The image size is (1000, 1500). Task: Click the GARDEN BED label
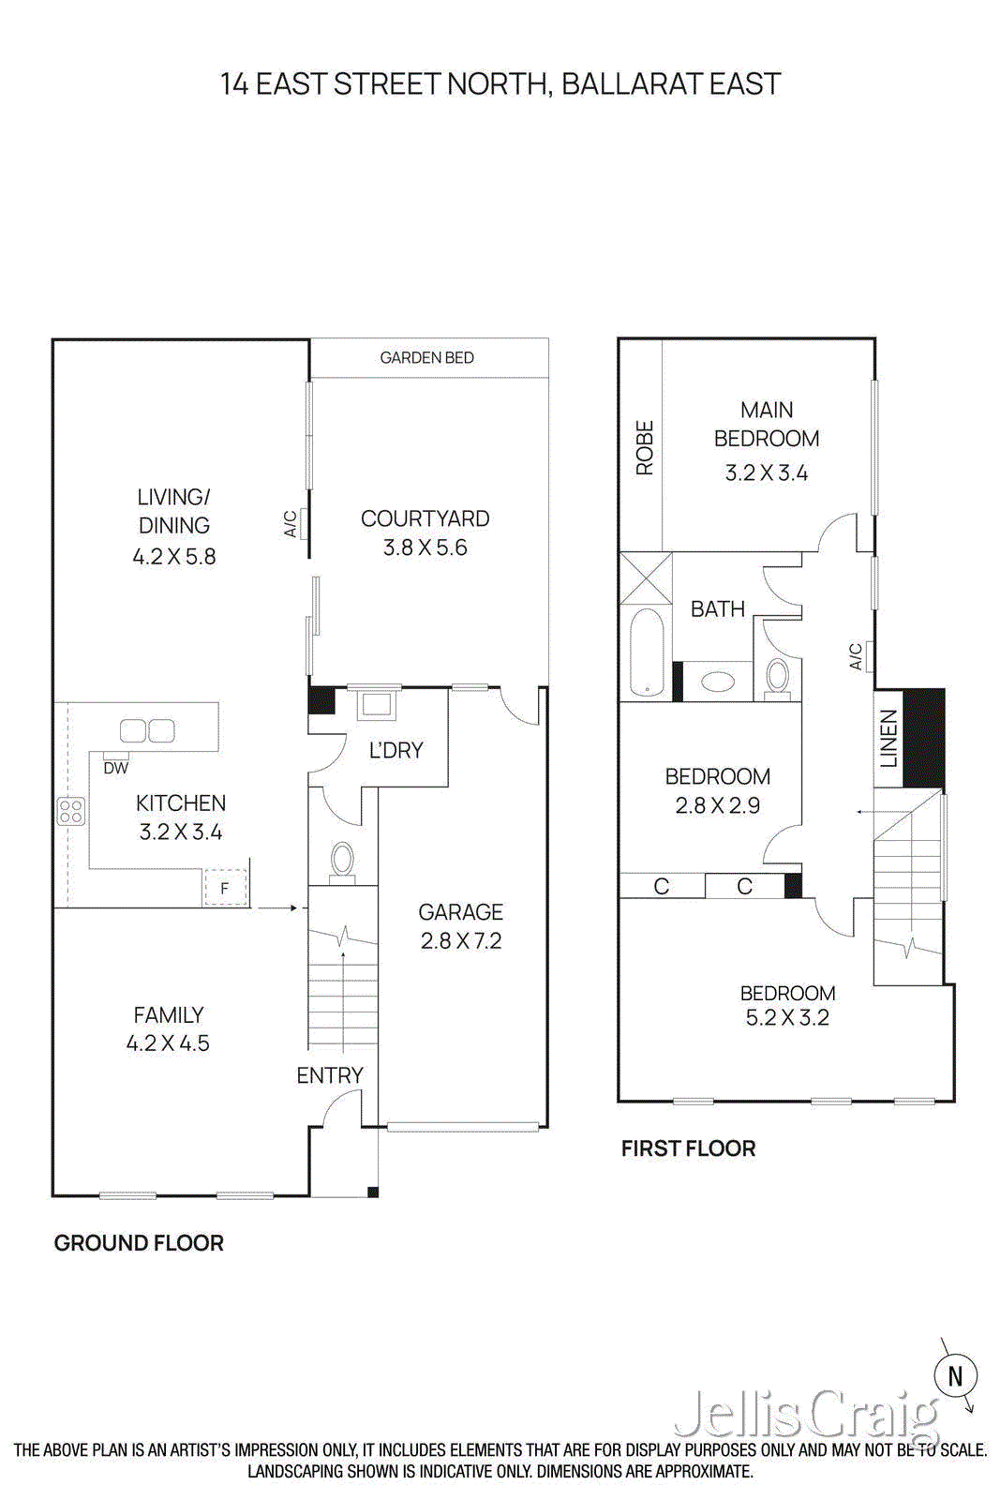(x=426, y=358)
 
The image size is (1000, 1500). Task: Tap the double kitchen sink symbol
(x=147, y=730)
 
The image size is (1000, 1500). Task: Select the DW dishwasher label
(x=116, y=768)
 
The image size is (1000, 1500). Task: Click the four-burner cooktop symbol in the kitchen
(x=71, y=811)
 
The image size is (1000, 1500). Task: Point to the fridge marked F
(x=225, y=887)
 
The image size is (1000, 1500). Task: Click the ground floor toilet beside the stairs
(x=343, y=861)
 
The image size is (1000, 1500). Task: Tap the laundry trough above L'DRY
(x=378, y=704)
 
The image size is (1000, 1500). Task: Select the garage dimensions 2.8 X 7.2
(x=461, y=941)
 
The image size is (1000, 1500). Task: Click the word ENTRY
(x=330, y=1075)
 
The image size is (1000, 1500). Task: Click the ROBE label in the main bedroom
(x=645, y=447)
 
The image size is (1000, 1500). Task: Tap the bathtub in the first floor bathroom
(x=647, y=652)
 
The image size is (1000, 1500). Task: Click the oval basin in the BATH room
(x=718, y=682)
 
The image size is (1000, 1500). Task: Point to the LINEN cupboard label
(x=888, y=738)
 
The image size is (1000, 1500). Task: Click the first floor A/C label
(x=856, y=656)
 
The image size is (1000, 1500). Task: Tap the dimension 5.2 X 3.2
(x=787, y=1018)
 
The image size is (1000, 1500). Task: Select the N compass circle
(x=955, y=1375)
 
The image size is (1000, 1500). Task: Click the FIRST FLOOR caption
(x=688, y=1148)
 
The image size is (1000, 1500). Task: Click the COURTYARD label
(x=425, y=518)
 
